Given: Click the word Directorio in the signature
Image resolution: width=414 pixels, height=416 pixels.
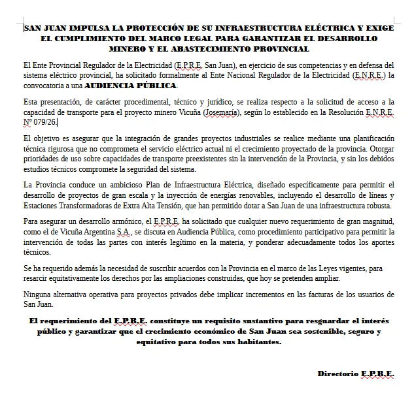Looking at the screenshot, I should click(x=338, y=374).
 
